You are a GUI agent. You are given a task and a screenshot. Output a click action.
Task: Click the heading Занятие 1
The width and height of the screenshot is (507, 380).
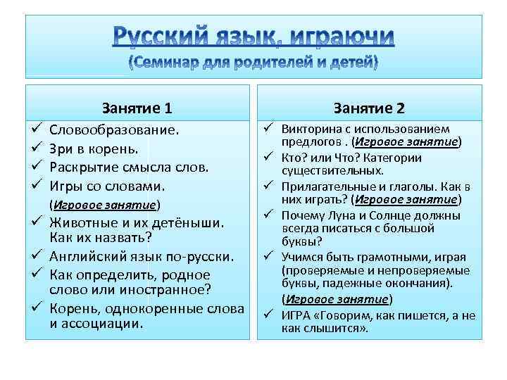pos(137,108)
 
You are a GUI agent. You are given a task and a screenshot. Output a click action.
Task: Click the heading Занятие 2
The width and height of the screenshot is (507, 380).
pos(369,108)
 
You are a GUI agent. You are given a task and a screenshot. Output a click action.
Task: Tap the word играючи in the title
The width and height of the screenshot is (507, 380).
pos(340,37)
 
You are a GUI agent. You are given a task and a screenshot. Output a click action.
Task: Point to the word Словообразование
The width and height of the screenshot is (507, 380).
pos(114,130)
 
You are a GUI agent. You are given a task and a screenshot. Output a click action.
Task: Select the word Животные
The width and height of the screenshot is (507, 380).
pos(85,223)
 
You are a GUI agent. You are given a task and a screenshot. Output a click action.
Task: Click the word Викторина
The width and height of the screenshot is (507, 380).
pos(312,129)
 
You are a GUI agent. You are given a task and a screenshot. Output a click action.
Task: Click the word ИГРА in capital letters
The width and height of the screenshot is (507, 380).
pos(295,315)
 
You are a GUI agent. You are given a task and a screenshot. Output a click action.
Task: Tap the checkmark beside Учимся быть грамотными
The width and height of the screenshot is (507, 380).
pos(269,257)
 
